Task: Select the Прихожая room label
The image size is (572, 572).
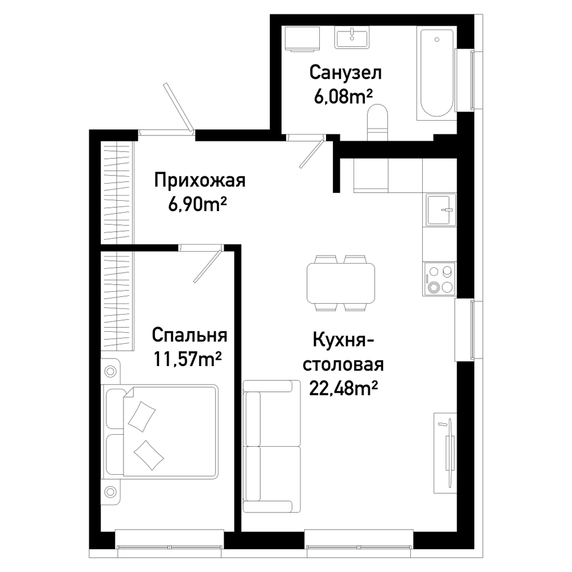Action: [200, 180]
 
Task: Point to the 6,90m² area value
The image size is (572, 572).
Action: [197, 205]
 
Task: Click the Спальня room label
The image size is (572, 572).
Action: [189, 335]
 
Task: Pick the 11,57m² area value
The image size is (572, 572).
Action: [188, 359]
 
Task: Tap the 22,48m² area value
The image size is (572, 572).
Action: [343, 388]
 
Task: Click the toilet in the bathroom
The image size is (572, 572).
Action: [377, 122]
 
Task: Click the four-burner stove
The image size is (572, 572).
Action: [439, 279]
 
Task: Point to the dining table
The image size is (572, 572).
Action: [341, 283]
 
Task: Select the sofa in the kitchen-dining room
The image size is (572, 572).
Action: [272, 447]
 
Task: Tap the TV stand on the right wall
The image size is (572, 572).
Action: [445, 452]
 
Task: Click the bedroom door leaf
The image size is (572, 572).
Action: [208, 265]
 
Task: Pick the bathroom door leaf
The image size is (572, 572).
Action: [312, 153]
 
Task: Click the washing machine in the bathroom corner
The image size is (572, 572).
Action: [303, 38]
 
